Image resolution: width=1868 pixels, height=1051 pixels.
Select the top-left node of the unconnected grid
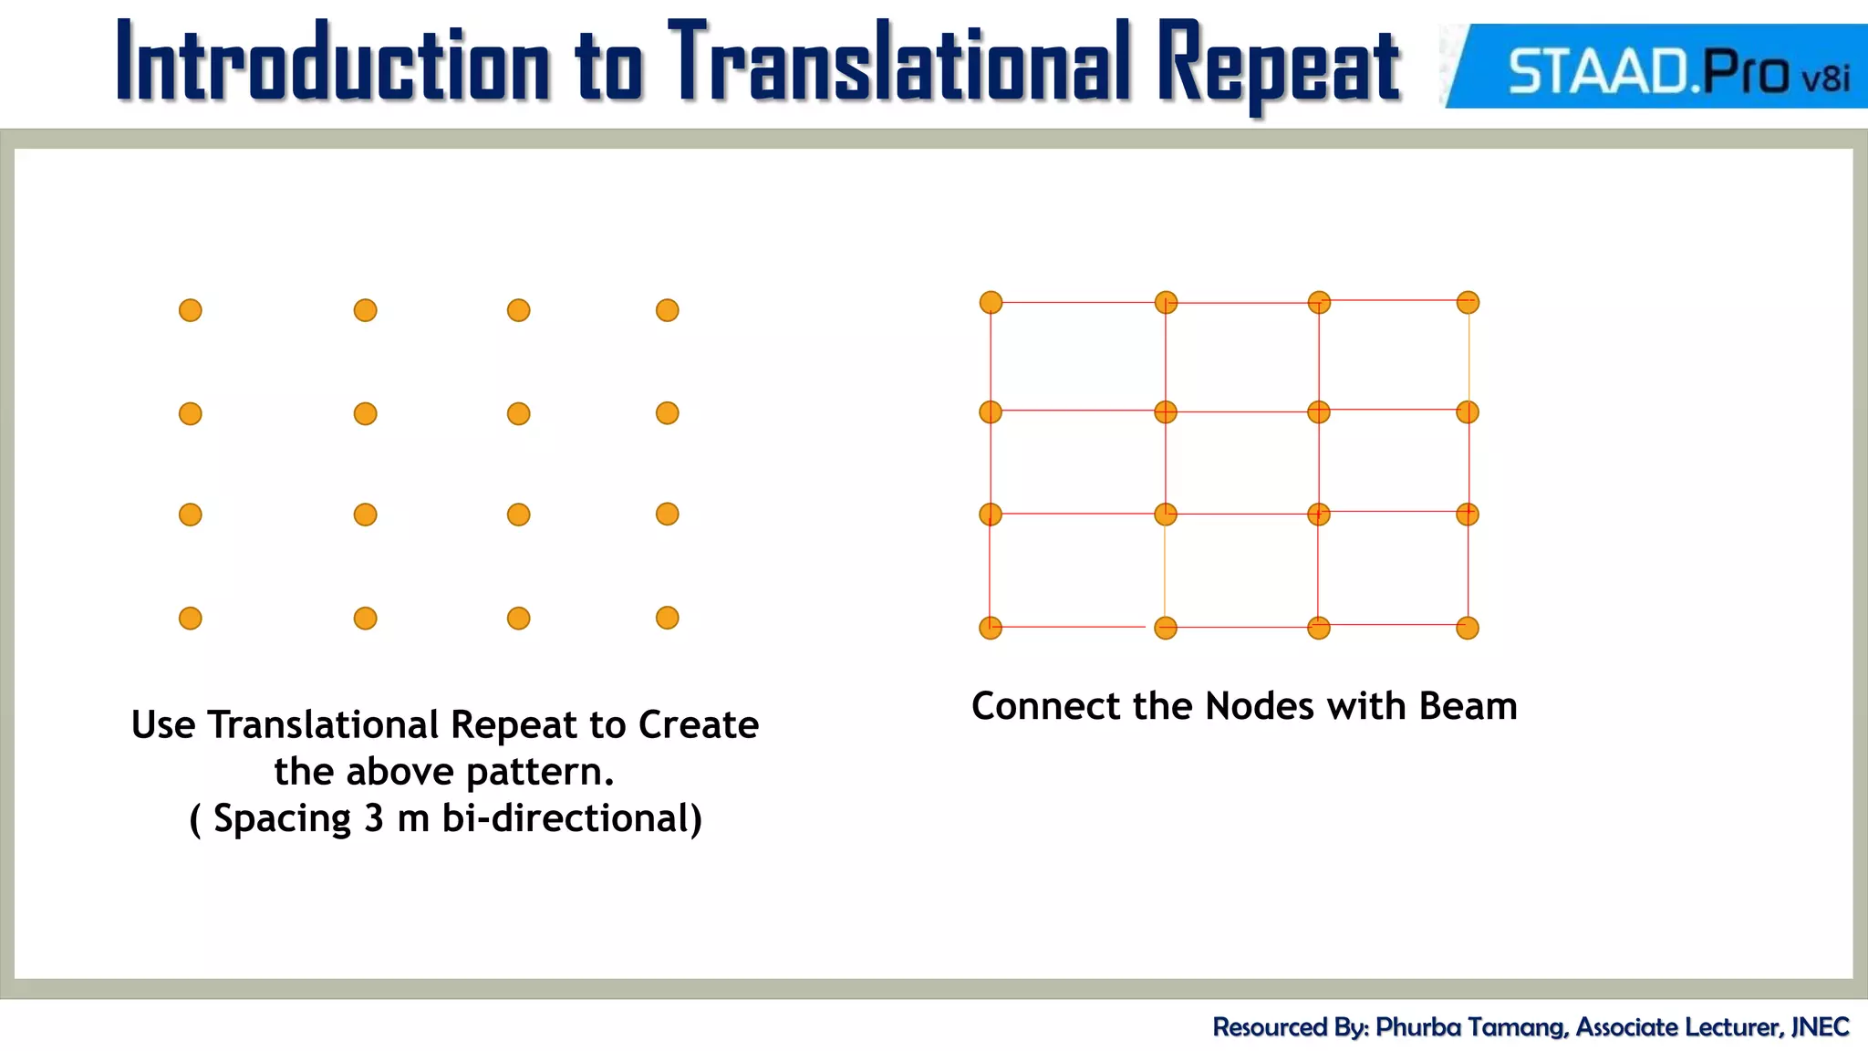coord(190,310)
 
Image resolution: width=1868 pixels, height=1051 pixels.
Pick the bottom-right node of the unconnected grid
coord(667,618)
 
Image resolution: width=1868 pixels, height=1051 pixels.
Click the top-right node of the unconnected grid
coord(667,310)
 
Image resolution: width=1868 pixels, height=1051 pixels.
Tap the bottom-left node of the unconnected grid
coord(190,619)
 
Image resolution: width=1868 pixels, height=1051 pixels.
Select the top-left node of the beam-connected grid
coord(991,302)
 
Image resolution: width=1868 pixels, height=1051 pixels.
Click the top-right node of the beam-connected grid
coord(1468,302)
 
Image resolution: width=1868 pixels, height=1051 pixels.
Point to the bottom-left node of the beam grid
coord(991,628)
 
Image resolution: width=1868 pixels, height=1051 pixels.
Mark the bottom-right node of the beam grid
coord(1468,628)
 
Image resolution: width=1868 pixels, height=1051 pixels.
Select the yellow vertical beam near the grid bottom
coord(1165,571)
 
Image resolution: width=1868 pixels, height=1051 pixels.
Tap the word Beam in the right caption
coord(1468,706)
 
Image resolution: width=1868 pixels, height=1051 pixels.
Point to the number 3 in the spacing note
coord(373,818)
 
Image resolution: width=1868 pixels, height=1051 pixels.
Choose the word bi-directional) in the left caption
coord(572,818)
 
